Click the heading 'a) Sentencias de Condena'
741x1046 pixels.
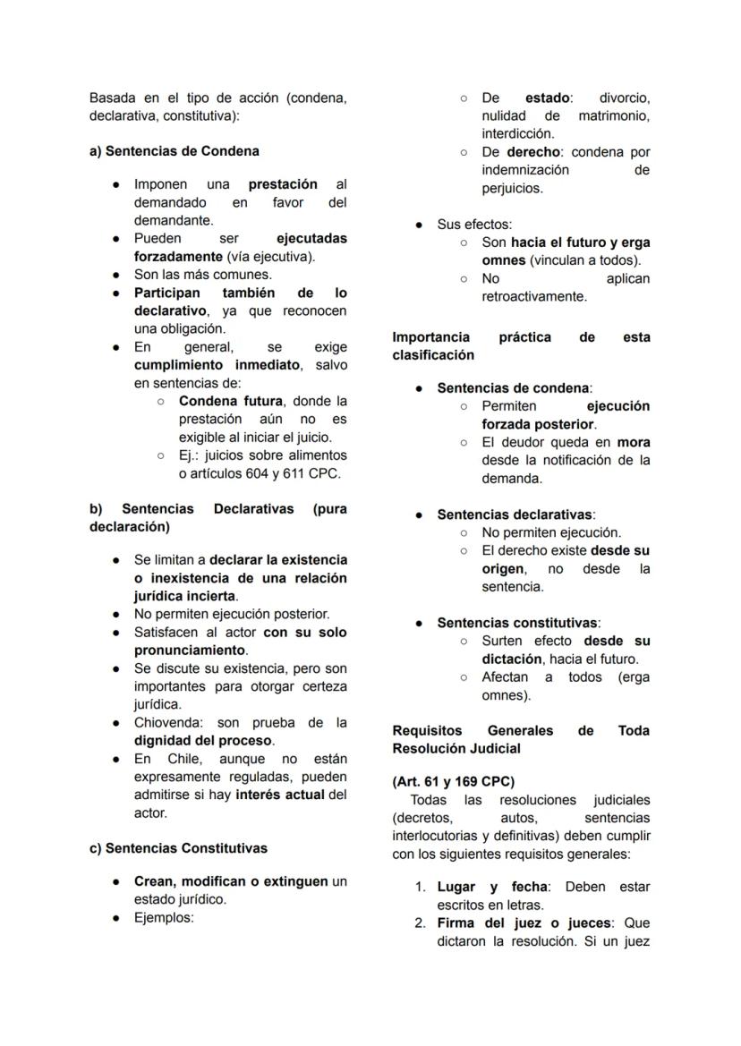[174, 151]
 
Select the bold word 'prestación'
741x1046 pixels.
[283, 184]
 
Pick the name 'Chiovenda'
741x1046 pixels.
[167, 722]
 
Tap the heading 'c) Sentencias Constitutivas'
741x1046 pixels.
[178, 847]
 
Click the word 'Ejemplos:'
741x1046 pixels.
[164, 917]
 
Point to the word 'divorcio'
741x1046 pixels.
[625, 98]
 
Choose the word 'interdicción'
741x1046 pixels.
[518, 133]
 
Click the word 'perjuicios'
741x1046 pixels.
[512, 189]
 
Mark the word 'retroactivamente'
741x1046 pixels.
[534, 296]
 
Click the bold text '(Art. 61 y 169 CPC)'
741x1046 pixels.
[453, 781]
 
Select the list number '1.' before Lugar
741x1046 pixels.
[420, 887]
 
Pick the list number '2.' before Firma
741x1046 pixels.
[420, 923]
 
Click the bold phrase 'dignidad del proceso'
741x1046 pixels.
[204, 740]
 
